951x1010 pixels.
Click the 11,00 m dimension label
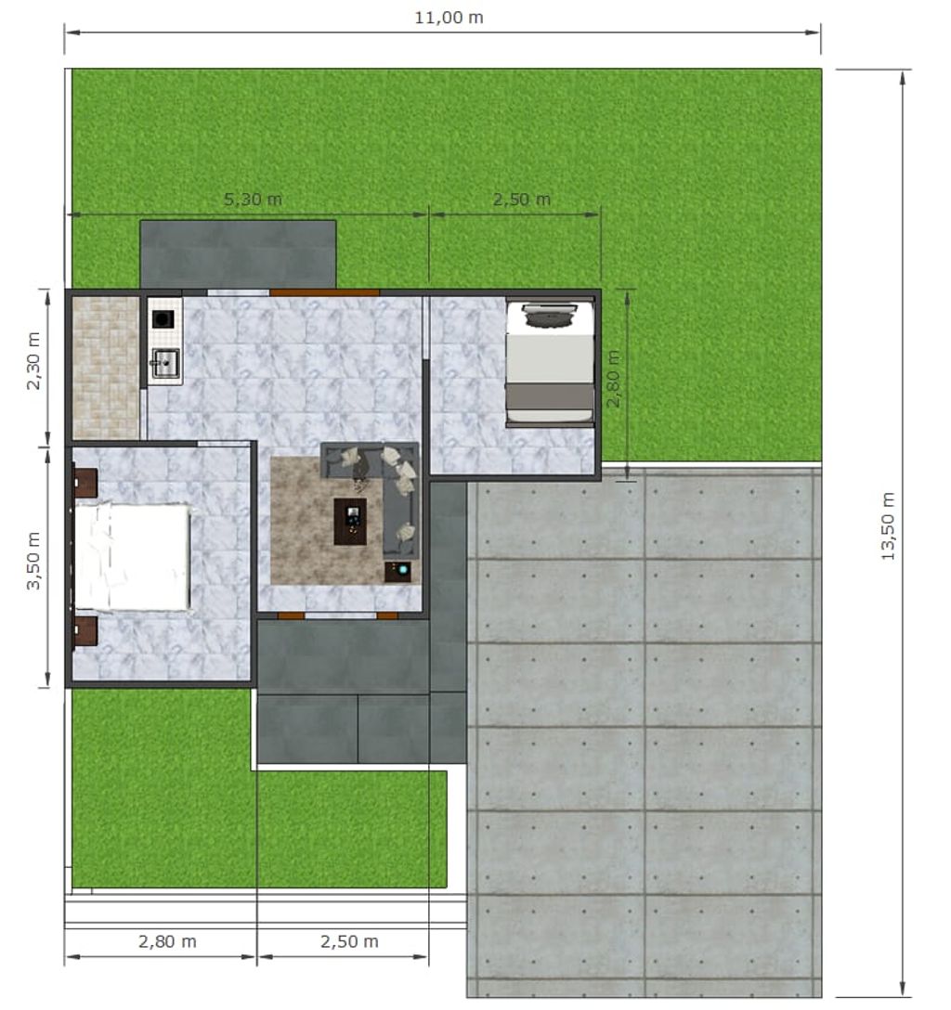[449, 18]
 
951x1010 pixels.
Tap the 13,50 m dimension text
[888, 525]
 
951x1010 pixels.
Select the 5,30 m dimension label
[253, 199]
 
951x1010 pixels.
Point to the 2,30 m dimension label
[33, 361]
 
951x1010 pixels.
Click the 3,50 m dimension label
[33, 561]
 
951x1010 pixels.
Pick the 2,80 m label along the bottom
[167, 941]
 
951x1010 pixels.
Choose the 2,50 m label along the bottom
[349, 941]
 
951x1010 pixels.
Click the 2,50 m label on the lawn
[522, 199]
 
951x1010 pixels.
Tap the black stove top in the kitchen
[163, 318]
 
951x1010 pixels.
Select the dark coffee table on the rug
[350, 521]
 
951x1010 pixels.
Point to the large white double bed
[133, 557]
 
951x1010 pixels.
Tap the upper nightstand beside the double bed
[85, 483]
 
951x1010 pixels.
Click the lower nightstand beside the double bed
[85, 631]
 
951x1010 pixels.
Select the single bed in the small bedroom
[550, 363]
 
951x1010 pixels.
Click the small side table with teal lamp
[397, 571]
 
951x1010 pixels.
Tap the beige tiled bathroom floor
[106, 368]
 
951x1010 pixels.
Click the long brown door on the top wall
[324, 292]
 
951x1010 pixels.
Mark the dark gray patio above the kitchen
[238, 253]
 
